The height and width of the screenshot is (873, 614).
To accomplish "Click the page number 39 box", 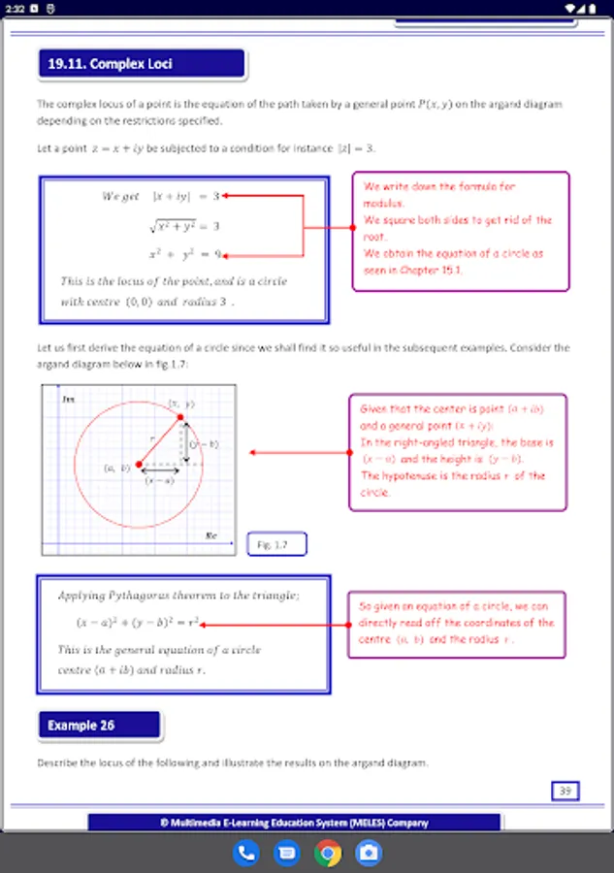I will pyautogui.click(x=565, y=791).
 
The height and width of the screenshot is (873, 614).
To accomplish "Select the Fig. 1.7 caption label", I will pyautogui.click(x=275, y=545).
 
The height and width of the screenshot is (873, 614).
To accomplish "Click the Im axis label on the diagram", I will pyautogui.click(x=68, y=399).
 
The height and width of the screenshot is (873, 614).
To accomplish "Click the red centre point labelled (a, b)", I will pyautogui.click(x=139, y=465).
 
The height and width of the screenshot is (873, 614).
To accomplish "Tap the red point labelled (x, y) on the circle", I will pyautogui.click(x=180, y=416).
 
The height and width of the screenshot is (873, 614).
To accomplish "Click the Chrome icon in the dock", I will pyautogui.click(x=328, y=854).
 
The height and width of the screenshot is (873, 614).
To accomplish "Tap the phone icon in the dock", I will pyautogui.click(x=246, y=854).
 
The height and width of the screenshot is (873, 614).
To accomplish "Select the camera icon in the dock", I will pyautogui.click(x=369, y=854).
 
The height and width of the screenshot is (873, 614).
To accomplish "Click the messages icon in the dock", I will pyautogui.click(x=287, y=854).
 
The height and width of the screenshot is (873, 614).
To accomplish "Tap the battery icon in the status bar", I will pyautogui.click(x=594, y=8).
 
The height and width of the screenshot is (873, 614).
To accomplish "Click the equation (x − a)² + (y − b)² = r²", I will pyautogui.click(x=138, y=622).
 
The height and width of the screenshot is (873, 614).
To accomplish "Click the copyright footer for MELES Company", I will pyautogui.click(x=294, y=823).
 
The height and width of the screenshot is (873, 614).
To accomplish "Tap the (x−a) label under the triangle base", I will pyautogui.click(x=160, y=480).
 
